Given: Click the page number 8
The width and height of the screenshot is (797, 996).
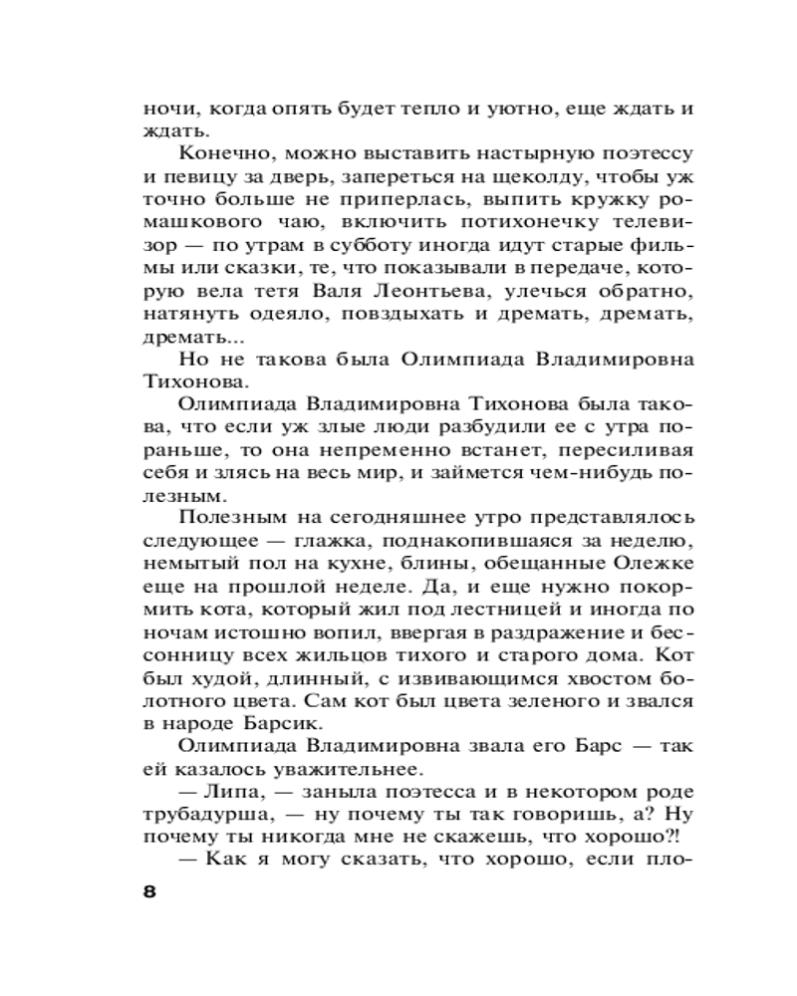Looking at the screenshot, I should click(150, 890).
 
